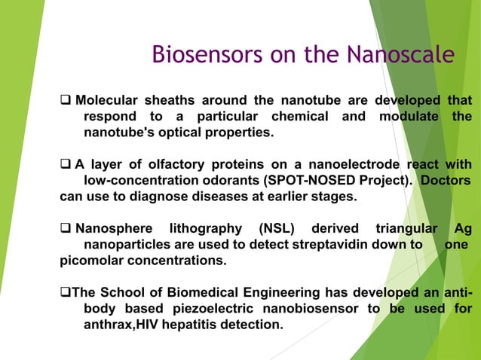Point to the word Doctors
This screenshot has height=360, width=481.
pos(446,181)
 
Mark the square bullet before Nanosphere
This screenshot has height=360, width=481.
pos(66,229)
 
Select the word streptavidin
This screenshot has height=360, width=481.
pos(326,245)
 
